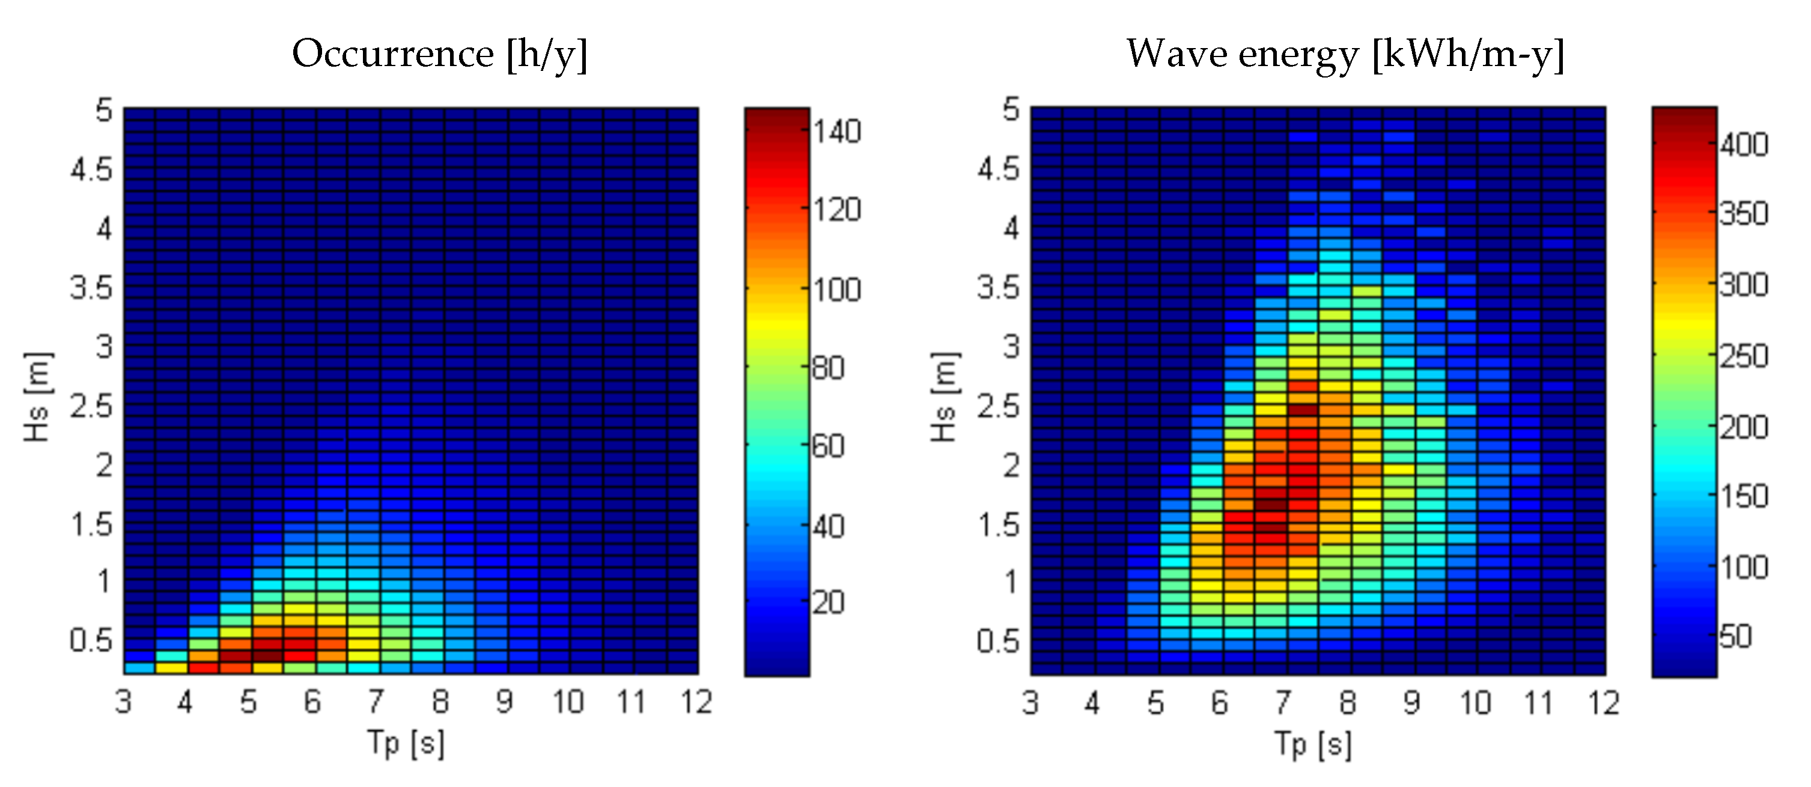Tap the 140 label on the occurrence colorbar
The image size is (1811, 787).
coord(836,132)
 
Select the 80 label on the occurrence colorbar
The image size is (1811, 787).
coord(828,368)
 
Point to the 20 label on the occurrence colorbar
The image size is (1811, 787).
coord(828,602)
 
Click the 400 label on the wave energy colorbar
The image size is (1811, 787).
coord(1744,145)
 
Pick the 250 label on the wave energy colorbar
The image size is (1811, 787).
coord(1744,356)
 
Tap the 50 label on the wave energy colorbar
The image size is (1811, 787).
coord(1735,637)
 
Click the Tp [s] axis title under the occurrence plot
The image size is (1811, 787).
coord(406,743)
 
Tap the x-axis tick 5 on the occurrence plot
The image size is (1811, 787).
coord(248,702)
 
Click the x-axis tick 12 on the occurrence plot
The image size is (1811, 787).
coord(696,702)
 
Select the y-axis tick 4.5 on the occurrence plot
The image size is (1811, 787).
coord(91,169)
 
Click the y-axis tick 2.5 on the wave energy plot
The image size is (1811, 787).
coord(998,406)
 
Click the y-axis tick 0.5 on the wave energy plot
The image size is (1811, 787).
coord(998,641)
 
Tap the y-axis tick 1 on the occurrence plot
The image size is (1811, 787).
coord(104,582)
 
